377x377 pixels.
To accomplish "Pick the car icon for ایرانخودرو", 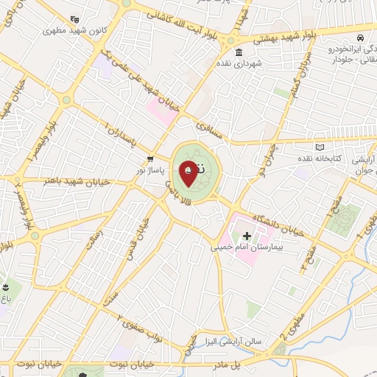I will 359,36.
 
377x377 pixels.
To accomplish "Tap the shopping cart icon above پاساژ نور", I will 151,158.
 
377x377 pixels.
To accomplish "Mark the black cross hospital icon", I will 247,236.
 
